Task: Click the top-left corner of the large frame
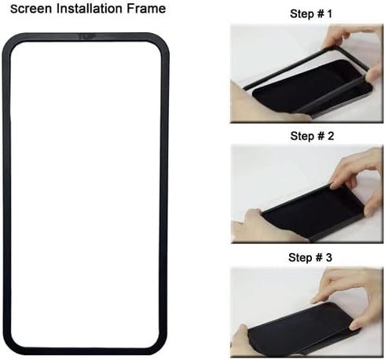(x=10, y=41)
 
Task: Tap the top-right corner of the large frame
(x=163, y=41)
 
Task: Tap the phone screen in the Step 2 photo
(x=310, y=212)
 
